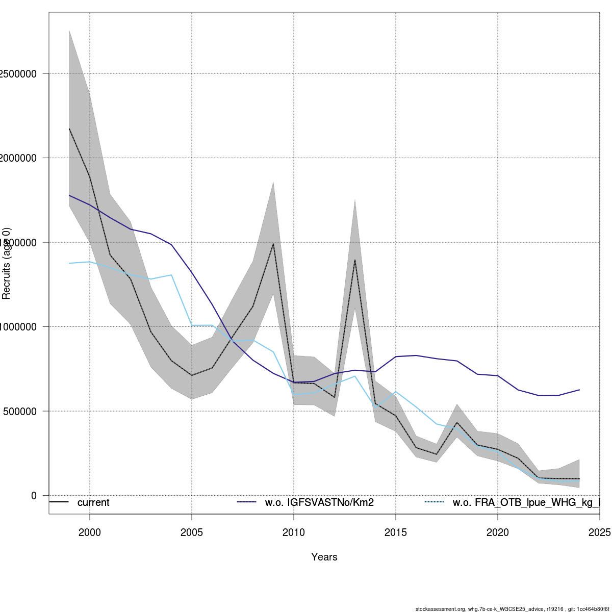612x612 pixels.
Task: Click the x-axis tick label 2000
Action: click(90, 532)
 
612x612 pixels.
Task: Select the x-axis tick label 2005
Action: click(192, 532)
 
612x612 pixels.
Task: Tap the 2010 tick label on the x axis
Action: click(294, 532)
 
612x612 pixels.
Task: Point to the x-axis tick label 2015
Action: click(396, 532)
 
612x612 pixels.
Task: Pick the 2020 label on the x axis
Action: click(498, 532)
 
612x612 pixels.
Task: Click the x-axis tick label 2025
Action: click(600, 532)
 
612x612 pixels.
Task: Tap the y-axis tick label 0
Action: click(34, 496)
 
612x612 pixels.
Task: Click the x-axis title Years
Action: click(324, 557)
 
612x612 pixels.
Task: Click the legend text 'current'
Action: click(93, 503)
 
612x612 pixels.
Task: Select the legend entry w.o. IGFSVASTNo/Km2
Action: click(319, 503)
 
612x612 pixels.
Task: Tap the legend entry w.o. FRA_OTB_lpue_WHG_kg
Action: click(525, 503)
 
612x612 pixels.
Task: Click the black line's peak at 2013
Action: click(355, 260)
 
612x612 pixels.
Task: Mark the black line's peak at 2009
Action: click(273, 244)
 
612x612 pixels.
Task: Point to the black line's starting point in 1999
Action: click(69, 129)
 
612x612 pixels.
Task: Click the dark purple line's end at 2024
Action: click(579, 390)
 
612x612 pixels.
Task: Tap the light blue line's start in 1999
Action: click(69, 263)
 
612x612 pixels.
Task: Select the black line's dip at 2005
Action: click(192, 375)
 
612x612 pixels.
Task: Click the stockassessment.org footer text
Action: click(512, 609)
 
